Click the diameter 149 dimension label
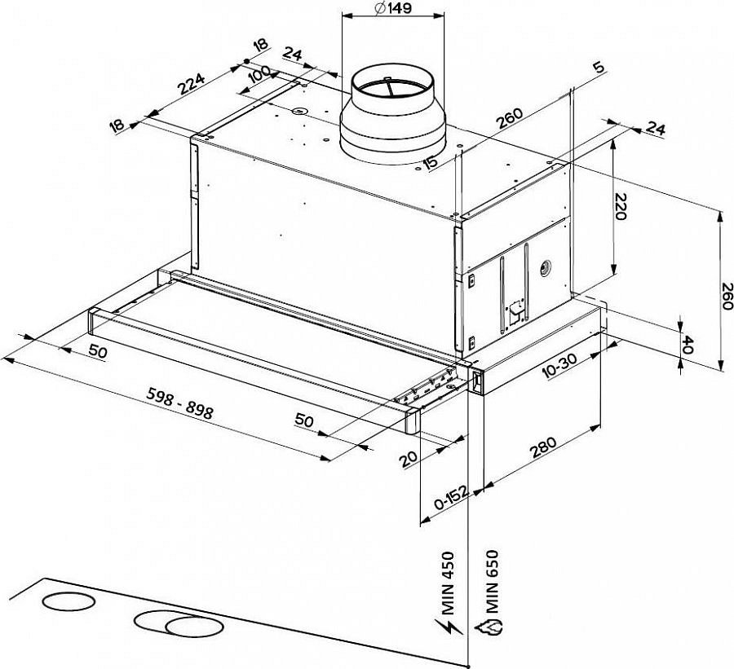[393, 8]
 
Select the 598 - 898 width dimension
[179, 403]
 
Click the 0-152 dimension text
[451, 498]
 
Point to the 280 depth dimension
[543, 447]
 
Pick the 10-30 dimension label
[559, 365]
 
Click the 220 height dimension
[620, 206]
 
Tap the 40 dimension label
[688, 345]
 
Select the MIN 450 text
[448, 583]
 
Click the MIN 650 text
[492, 581]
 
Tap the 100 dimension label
[259, 74]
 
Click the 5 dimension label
[599, 68]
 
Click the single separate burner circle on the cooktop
[69, 601]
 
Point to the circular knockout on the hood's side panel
[546, 268]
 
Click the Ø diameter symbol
[380, 8]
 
